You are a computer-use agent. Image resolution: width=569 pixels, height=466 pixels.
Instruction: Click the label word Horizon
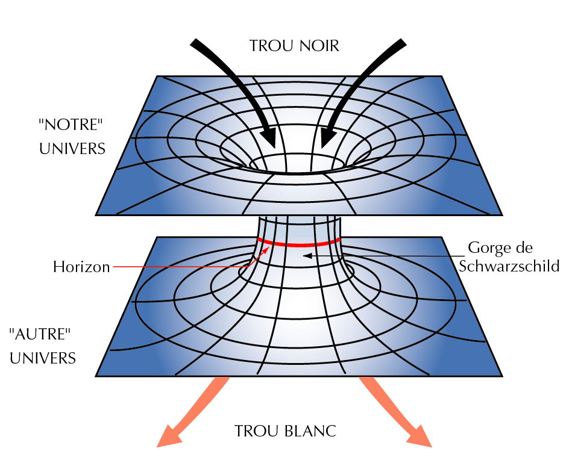81,267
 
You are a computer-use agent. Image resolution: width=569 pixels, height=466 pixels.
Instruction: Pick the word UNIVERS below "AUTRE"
43,358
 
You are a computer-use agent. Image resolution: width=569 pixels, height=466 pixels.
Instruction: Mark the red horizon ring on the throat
295,244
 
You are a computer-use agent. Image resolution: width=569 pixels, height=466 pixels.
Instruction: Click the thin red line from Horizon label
181,267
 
